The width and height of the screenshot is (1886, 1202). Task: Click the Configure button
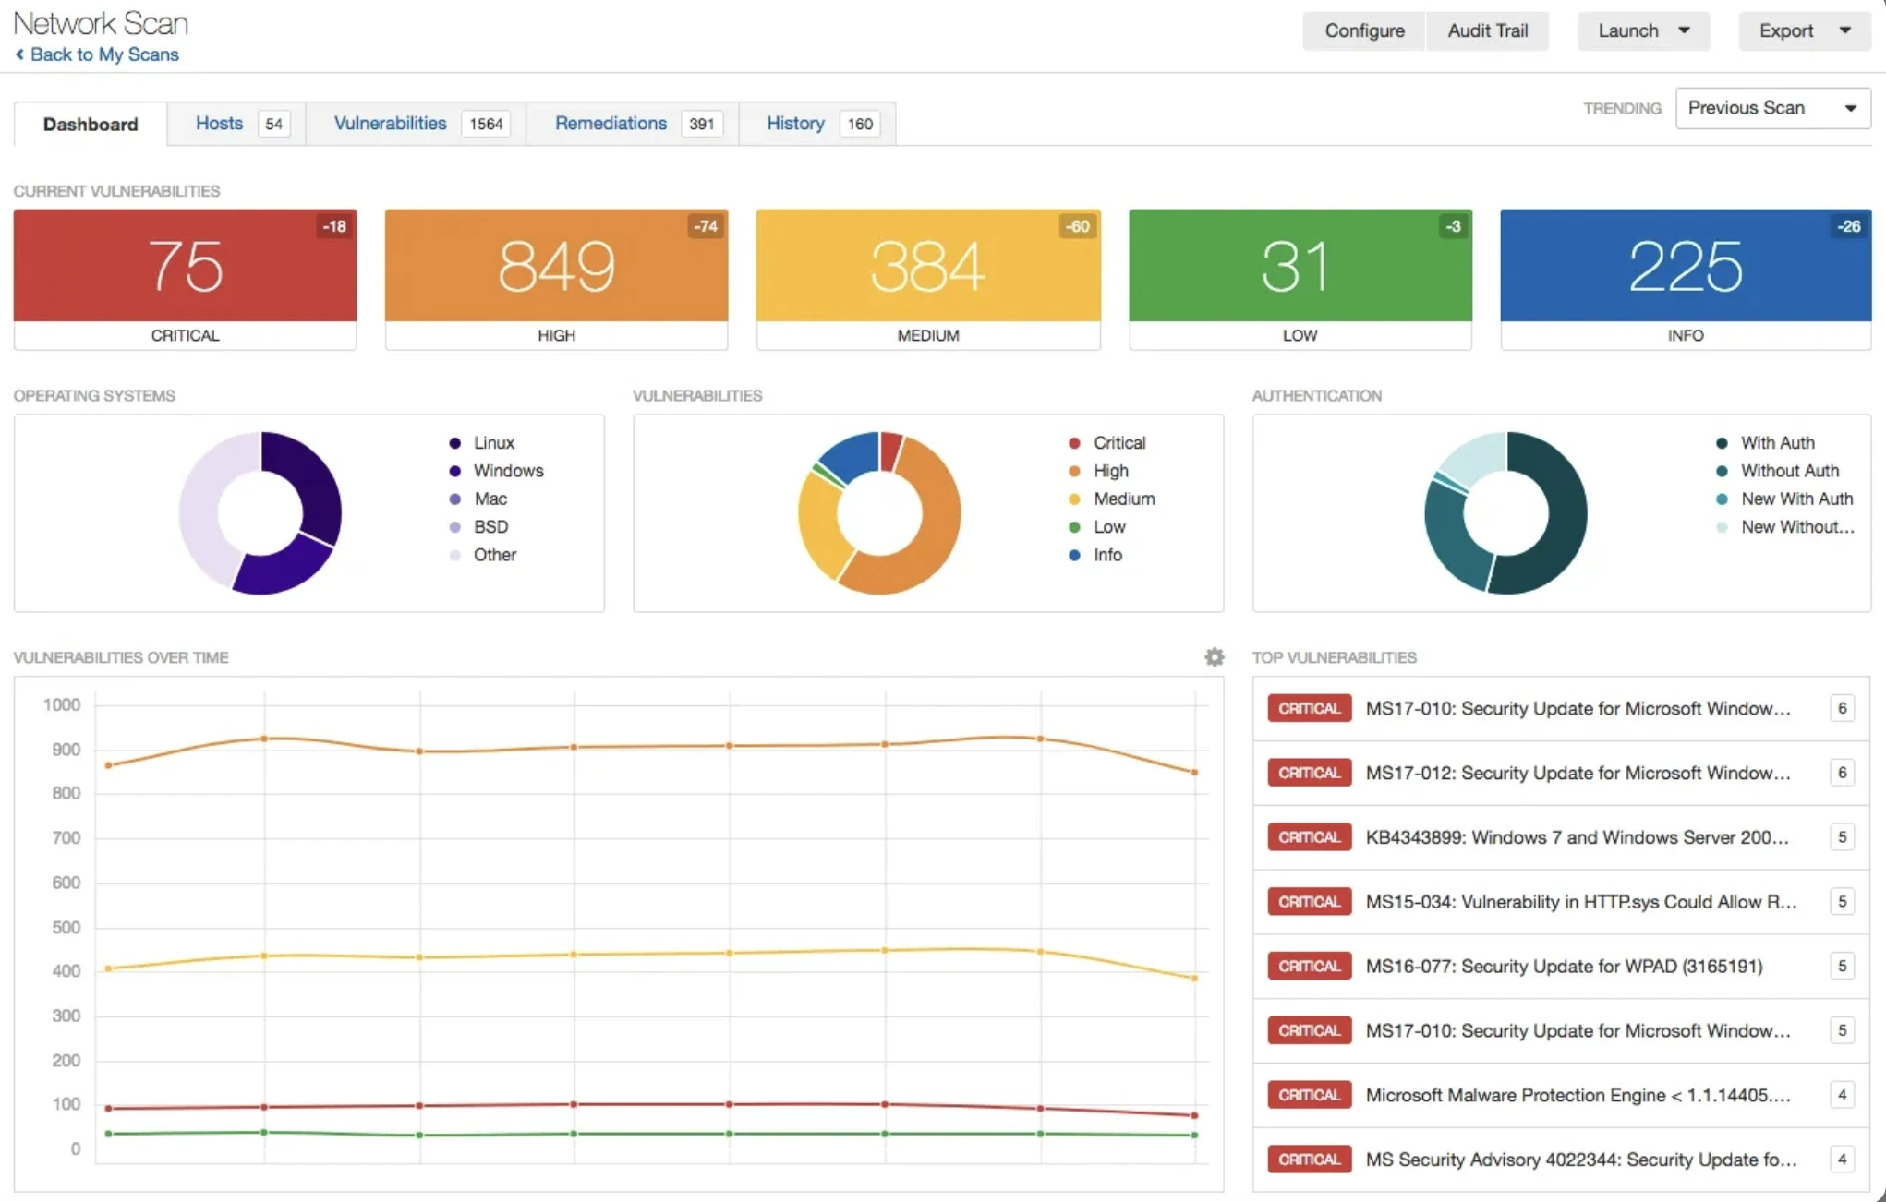click(x=1363, y=30)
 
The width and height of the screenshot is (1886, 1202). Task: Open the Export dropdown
click(x=1803, y=30)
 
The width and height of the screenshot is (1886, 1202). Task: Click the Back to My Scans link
click(x=103, y=54)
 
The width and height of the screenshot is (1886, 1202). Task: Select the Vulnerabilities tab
click(x=390, y=124)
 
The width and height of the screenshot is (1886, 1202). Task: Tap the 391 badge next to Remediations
click(x=701, y=124)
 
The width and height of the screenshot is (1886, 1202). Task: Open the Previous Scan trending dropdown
click(x=1771, y=108)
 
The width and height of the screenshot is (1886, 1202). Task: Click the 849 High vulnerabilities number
click(x=556, y=267)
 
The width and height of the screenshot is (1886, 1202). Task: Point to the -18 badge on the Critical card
click(x=333, y=226)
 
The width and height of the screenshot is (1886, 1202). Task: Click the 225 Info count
click(x=1685, y=267)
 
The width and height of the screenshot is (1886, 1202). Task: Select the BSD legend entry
click(x=490, y=527)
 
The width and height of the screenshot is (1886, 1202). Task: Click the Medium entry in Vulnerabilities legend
click(x=1123, y=499)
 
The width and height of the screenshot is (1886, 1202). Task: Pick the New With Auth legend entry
click(x=1795, y=499)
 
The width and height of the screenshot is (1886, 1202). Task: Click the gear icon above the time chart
click(x=1214, y=657)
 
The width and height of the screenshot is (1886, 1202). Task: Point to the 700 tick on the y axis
click(x=66, y=838)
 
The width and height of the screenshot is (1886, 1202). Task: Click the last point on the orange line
click(x=1194, y=772)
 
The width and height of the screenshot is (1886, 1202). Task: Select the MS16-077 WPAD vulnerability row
click(x=1563, y=966)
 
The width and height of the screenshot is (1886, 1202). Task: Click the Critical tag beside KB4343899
click(x=1309, y=837)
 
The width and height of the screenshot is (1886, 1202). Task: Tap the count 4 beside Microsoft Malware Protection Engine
click(x=1841, y=1095)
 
